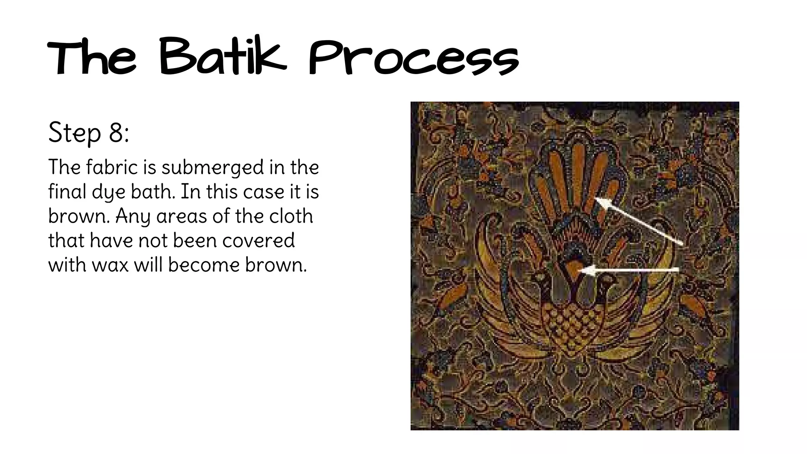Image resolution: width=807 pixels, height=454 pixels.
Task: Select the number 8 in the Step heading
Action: [x=117, y=132]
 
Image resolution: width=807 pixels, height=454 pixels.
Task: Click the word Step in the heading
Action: [x=75, y=133]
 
